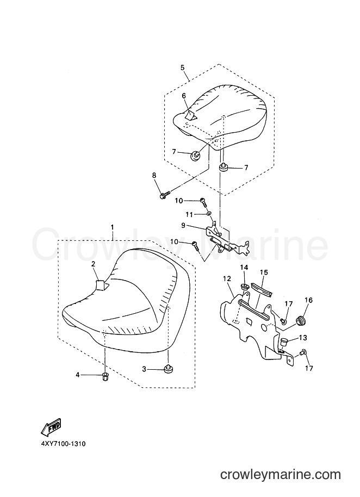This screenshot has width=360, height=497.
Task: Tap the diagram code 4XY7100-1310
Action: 63,444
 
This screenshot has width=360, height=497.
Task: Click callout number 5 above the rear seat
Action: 183,67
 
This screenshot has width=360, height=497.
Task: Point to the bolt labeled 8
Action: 165,194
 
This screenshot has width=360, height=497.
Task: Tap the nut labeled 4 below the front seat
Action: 105,377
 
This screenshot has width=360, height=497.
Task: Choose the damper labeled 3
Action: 167,368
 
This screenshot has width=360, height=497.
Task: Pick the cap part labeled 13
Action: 284,343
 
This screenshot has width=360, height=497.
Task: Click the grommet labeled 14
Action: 244,287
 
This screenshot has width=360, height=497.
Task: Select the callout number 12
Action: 227,278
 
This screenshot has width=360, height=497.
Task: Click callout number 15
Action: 264,272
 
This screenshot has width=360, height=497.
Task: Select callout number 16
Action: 308,300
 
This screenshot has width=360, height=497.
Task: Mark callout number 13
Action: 303,338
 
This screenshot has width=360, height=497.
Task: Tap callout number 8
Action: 154,175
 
